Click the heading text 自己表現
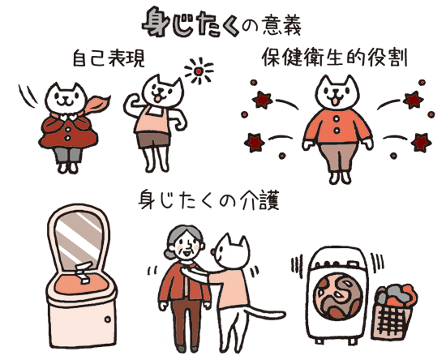[x=109, y=58]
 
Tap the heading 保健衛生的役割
[x=334, y=58]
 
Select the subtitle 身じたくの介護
[x=208, y=201]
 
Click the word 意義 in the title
[x=281, y=25]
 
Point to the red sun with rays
[x=199, y=71]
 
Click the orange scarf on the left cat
[x=96, y=105]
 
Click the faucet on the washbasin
[x=84, y=272]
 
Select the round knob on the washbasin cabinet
[x=108, y=319]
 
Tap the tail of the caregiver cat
[x=266, y=312]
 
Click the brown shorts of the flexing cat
[x=153, y=140]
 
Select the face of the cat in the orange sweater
[x=337, y=92]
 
